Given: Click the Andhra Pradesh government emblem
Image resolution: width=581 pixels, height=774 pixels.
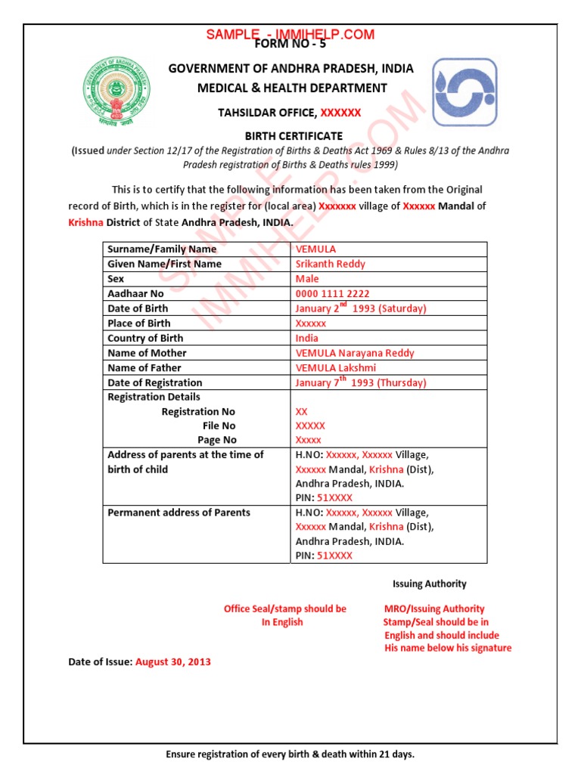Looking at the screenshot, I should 117,92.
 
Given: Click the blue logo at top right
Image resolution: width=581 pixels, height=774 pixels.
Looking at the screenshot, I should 465,92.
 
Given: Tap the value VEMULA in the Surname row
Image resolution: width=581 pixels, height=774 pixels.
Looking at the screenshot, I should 315,249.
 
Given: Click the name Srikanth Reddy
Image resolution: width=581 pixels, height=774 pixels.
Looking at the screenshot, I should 330,264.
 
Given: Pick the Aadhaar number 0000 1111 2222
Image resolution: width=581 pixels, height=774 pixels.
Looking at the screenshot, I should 332,293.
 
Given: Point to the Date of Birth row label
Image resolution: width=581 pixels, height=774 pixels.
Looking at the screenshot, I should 138,308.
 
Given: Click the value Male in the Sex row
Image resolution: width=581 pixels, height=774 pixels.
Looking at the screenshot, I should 307,279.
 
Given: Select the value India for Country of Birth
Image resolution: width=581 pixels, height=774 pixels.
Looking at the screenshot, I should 307,338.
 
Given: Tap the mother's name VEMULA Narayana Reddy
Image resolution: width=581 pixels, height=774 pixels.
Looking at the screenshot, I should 355,353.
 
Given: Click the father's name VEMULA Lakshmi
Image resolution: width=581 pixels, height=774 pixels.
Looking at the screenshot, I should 335,368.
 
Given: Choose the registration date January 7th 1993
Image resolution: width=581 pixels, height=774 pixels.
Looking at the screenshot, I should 360,382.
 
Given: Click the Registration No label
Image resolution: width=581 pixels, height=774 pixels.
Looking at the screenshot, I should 198,412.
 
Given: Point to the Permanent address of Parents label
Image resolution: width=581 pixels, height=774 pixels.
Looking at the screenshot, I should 179,512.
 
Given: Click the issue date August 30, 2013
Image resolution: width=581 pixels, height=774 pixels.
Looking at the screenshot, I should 173,662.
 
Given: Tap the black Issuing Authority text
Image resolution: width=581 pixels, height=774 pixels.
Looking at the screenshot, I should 429,584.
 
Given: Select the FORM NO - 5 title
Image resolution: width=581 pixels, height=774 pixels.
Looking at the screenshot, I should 290,44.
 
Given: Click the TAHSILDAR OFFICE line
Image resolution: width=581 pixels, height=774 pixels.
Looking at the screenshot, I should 290,113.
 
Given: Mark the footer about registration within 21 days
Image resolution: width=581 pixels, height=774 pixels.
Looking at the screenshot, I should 290,755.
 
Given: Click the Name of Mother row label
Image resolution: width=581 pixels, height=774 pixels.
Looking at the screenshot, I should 147,353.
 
